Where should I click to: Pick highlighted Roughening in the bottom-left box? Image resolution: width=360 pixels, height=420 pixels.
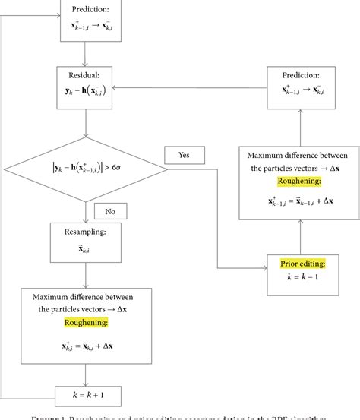tap(84, 323)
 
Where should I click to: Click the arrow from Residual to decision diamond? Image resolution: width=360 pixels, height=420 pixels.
tap(84, 120)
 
